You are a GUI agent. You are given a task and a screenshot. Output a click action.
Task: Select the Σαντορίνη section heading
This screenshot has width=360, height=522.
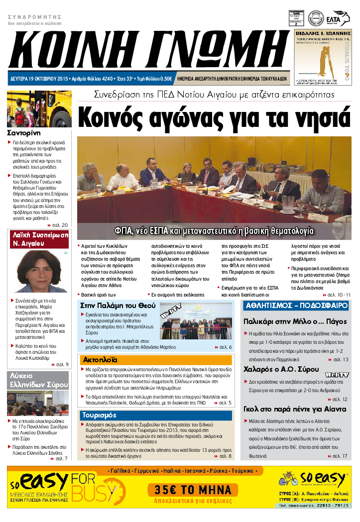tap(24, 133)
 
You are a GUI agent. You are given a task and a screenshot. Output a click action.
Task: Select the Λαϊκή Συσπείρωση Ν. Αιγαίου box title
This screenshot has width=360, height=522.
tap(39, 239)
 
